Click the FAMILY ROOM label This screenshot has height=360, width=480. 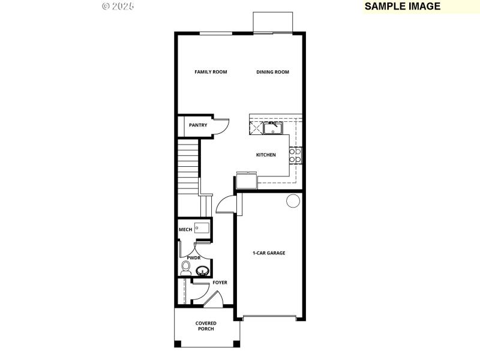[211, 72]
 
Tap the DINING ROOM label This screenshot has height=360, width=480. [272, 72]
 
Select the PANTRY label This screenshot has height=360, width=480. [198, 125]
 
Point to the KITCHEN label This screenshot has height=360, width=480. [266, 155]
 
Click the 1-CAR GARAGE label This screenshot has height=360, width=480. [268, 253]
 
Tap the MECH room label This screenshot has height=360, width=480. [185, 230]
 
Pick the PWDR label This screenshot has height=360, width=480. [193, 257]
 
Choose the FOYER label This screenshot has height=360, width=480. [220, 282]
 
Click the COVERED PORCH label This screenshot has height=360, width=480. [206, 326]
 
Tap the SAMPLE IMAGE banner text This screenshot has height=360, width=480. [403, 7]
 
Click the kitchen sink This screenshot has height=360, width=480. [273, 128]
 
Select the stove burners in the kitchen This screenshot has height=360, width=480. [295, 155]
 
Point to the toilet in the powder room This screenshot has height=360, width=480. [186, 269]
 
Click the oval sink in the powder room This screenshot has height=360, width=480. [202, 272]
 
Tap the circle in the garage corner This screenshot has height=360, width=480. [293, 201]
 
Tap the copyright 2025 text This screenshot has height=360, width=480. [118, 7]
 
